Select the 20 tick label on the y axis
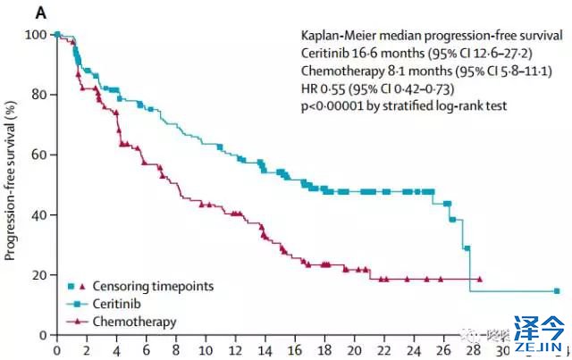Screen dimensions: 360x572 click(x=38, y=275)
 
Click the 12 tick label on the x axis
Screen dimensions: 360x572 click(x=236, y=348)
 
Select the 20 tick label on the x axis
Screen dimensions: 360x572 click(x=355, y=348)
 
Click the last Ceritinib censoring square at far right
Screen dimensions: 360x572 click(x=557, y=291)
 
